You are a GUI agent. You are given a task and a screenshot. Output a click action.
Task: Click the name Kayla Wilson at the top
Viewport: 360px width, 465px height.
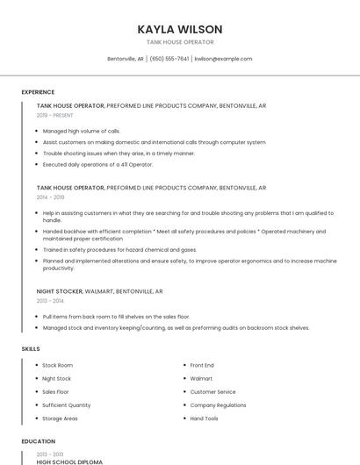point(180,29)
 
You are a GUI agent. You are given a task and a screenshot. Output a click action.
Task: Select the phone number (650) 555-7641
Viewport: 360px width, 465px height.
point(169,59)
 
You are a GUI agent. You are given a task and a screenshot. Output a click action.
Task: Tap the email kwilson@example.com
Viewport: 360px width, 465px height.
point(223,59)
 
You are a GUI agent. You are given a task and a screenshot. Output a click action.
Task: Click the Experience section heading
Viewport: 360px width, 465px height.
point(38,92)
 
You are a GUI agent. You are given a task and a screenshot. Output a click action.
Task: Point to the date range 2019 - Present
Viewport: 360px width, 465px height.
point(54,115)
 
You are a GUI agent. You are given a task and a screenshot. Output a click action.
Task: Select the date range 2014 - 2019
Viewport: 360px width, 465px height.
point(51,197)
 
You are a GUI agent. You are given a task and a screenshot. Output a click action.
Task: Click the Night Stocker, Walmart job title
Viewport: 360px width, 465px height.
point(100,290)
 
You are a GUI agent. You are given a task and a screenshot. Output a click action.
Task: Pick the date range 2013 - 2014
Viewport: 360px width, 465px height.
point(51,300)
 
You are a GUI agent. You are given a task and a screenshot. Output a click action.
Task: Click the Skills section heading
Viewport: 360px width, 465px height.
point(31,348)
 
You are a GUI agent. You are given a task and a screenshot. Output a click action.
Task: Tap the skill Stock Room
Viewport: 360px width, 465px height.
point(58,365)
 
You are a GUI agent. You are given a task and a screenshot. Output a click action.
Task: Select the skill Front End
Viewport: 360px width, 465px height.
point(202,365)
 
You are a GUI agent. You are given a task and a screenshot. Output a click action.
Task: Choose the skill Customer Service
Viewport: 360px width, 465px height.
point(212,392)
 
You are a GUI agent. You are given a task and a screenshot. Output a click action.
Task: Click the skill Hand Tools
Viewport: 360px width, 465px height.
point(205,418)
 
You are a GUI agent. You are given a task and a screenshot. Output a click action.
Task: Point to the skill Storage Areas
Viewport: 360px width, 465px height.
point(60,418)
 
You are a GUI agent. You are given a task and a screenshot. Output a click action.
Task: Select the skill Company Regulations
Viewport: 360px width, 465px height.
point(218,405)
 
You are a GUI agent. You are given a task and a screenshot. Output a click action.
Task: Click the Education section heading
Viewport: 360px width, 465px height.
point(38,441)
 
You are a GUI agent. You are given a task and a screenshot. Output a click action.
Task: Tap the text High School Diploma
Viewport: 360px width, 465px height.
point(69,461)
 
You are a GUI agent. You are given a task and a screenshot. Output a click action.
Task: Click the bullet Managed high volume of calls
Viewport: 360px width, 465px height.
point(82,131)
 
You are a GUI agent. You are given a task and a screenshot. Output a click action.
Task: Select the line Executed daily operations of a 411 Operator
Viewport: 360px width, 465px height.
point(97,164)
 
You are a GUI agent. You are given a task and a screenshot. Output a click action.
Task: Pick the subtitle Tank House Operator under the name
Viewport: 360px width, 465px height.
point(180,42)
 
